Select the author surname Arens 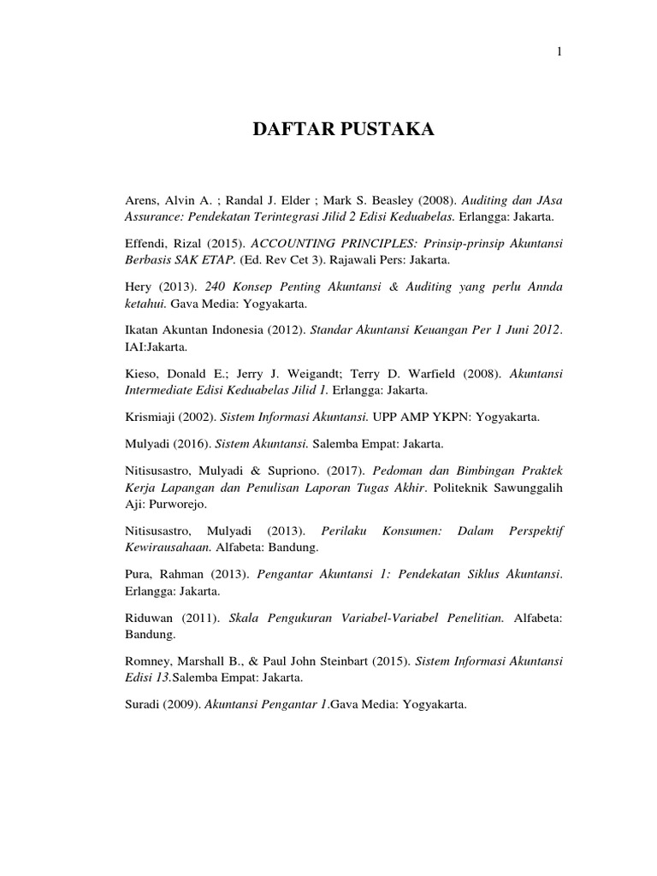click(142, 199)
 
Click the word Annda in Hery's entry click(544, 287)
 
